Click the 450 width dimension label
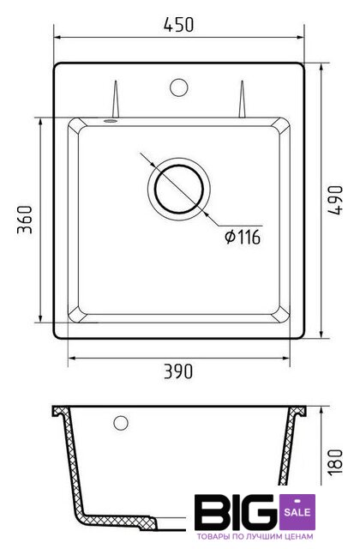click(x=178, y=25)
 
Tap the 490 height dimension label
click(x=335, y=200)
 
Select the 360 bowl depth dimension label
click(x=25, y=220)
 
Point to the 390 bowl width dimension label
click(x=178, y=371)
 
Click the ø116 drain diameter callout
click(x=243, y=237)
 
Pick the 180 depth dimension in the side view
click(x=335, y=462)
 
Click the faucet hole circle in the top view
click(x=179, y=87)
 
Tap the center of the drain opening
click(x=179, y=189)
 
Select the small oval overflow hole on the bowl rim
click(x=111, y=121)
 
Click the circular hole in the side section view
click(x=121, y=423)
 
